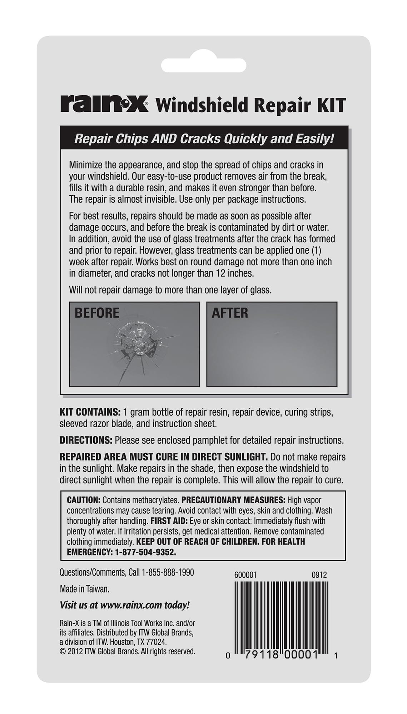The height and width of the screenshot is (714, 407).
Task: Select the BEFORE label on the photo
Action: click(97, 313)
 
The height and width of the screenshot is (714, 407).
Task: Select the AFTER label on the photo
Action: click(230, 313)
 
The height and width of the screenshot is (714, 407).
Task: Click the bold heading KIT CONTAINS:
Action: click(90, 412)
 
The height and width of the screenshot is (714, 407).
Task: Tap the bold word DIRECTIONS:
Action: click(86, 440)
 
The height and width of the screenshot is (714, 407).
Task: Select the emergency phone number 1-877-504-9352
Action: click(145, 552)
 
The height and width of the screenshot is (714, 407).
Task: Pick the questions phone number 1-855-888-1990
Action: click(168, 573)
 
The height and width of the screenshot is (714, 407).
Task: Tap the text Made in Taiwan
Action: click(85, 589)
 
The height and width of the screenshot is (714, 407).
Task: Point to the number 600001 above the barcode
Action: click(245, 575)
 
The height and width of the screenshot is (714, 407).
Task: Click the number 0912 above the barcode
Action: click(319, 575)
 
